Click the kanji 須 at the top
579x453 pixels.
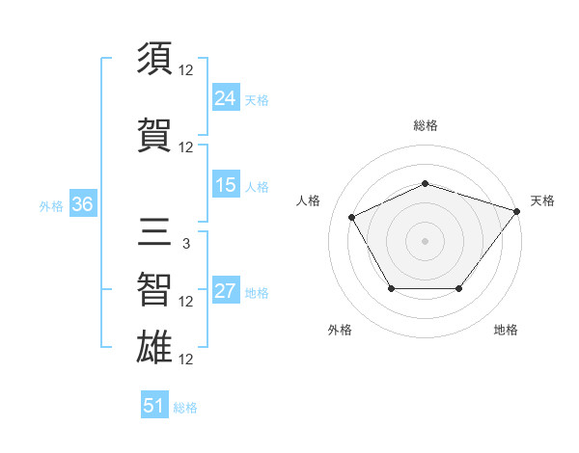point(155,60)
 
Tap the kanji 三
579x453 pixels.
point(155,233)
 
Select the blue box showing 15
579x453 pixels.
point(226,185)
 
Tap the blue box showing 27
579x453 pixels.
point(226,291)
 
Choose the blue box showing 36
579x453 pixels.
point(82,204)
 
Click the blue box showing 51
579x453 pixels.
point(154,406)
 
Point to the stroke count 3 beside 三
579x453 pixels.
point(185,244)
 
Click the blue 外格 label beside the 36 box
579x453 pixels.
point(51,205)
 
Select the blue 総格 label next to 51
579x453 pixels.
point(185,407)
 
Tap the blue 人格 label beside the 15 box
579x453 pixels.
point(257,186)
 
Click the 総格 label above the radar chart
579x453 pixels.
point(425,125)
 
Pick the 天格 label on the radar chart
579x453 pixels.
point(542,200)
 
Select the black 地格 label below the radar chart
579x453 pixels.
point(506,330)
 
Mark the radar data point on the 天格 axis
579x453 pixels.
point(516,210)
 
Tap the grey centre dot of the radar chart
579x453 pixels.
point(425,240)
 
